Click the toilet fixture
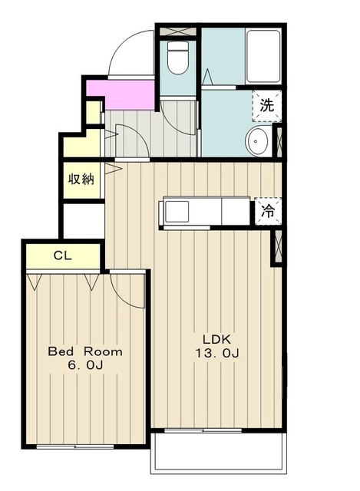tap(177, 58)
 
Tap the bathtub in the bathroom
tap(263, 56)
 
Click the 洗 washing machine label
tap(266, 106)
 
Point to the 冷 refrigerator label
tap(268, 211)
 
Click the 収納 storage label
tap(81, 180)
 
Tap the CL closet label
tap(63, 255)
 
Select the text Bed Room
tap(85, 351)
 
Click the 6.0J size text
tap(85, 365)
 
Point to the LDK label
tap(216, 339)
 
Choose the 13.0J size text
tap(217, 353)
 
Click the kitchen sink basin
tap(177, 212)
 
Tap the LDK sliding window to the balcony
tap(203, 431)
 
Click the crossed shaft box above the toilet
tap(178, 31)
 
